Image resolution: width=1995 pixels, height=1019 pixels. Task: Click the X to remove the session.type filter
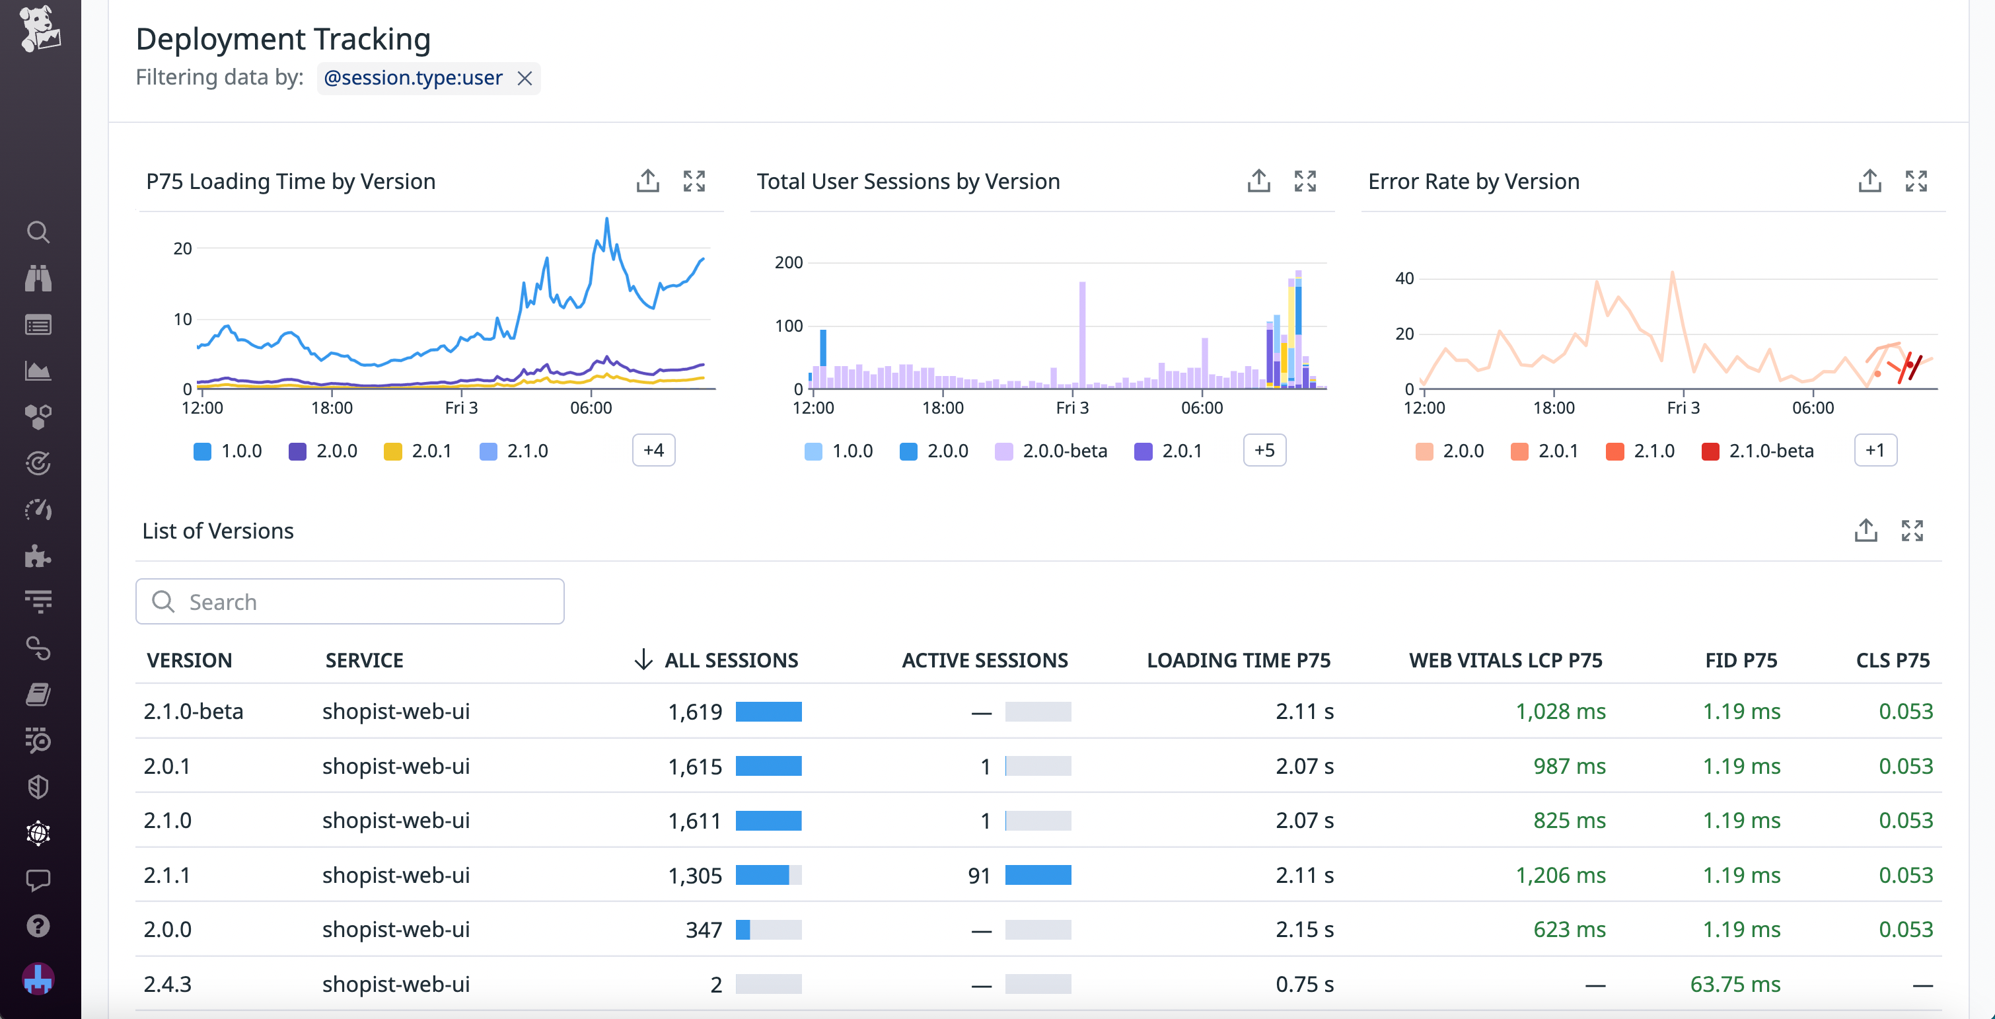click(525, 78)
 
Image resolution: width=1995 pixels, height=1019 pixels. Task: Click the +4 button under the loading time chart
click(653, 450)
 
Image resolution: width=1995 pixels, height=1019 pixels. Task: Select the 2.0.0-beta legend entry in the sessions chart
click(1051, 451)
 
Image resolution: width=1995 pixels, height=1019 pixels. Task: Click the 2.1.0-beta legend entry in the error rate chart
click(1757, 451)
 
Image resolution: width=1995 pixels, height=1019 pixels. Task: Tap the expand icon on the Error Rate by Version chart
click(1915, 181)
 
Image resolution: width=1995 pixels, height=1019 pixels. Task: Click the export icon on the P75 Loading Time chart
click(647, 181)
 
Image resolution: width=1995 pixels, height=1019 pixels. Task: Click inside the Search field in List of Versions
click(350, 601)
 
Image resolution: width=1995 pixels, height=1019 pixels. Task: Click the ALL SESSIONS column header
click(731, 660)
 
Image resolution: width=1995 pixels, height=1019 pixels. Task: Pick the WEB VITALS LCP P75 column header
click(1505, 660)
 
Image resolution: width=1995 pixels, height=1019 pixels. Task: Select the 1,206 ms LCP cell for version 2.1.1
click(1560, 875)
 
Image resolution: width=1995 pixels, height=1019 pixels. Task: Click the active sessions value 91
click(979, 875)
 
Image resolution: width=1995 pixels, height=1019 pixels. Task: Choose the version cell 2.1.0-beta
click(194, 711)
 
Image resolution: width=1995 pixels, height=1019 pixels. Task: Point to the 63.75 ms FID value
click(1735, 984)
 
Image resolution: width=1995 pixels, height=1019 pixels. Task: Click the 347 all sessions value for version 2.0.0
click(704, 929)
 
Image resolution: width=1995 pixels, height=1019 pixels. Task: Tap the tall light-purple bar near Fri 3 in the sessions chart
click(1082, 333)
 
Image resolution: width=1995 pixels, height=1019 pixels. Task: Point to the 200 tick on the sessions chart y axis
click(788, 263)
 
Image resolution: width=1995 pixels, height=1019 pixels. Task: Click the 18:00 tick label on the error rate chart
click(1554, 408)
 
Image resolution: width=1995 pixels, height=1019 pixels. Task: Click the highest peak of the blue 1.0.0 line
click(607, 220)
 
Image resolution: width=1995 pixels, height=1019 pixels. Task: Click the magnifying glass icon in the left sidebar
click(38, 232)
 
